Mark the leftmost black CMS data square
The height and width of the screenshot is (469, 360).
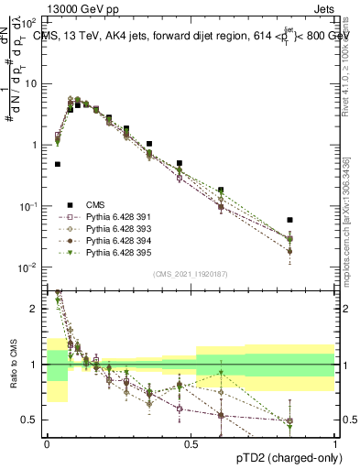pos(58,165)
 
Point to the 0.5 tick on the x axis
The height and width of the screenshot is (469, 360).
pos(191,442)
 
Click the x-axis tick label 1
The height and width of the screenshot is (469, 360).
pos(336,442)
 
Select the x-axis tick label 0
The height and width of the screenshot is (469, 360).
pos(47,442)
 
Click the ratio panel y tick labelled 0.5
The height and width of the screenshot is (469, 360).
pos(32,420)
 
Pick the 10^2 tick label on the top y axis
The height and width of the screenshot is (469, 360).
pos(30,20)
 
